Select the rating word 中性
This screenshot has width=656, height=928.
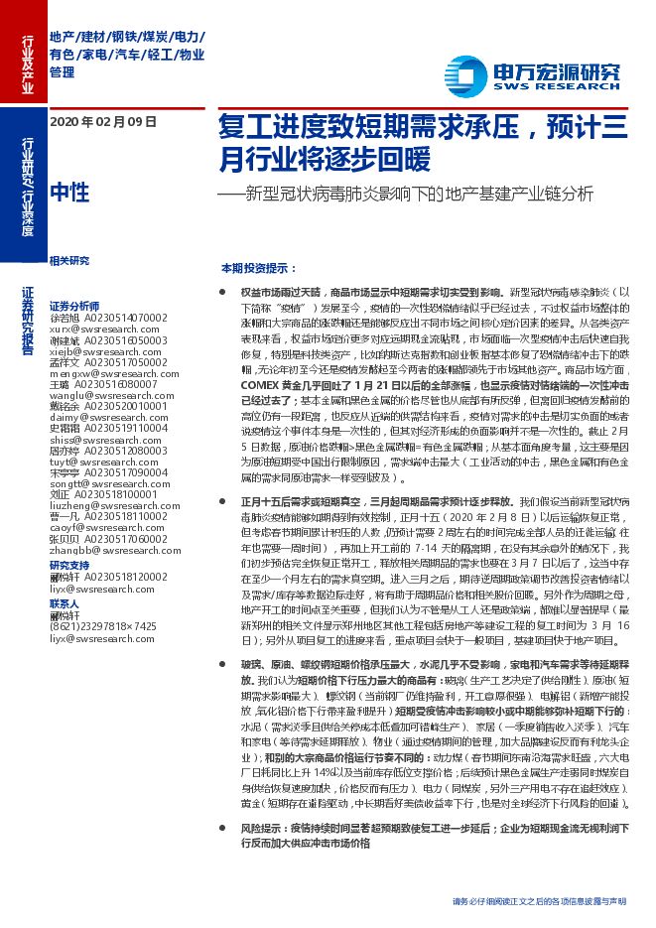click(x=68, y=192)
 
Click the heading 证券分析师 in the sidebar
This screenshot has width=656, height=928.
click(x=73, y=306)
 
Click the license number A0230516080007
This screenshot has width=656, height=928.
click(x=120, y=384)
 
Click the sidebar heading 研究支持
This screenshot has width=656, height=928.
click(x=68, y=565)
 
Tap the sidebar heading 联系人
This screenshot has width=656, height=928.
click(x=64, y=603)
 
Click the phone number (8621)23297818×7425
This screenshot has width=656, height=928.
click(x=103, y=626)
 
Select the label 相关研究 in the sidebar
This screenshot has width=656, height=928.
click(x=68, y=261)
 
